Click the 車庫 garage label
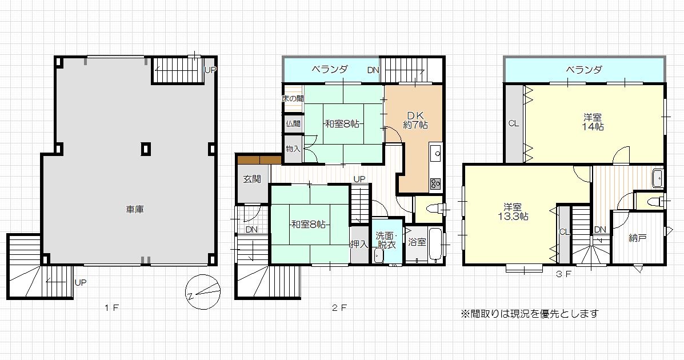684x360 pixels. pyautogui.click(x=135, y=210)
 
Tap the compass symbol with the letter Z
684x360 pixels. pyautogui.click(x=203, y=292)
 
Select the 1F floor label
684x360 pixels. pyautogui.click(x=111, y=308)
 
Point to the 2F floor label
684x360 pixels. pyautogui.click(x=339, y=308)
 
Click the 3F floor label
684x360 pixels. pyautogui.click(x=564, y=274)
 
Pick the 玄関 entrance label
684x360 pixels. pyautogui.click(x=252, y=179)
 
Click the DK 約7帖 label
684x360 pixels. pyautogui.click(x=415, y=121)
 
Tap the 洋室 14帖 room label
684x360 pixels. pyautogui.click(x=593, y=122)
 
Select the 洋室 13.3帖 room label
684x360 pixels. pyautogui.click(x=513, y=211)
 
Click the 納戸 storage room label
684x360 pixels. pyautogui.click(x=637, y=238)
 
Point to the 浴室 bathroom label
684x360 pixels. pyautogui.click(x=417, y=242)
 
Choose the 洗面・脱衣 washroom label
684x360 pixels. pyautogui.click(x=386, y=241)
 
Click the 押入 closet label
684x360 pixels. pyautogui.click(x=359, y=245)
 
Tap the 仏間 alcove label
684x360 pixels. pyautogui.click(x=293, y=123)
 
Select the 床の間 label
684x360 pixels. pyautogui.click(x=293, y=99)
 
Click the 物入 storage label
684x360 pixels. pyautogui.click(x=293, y=149)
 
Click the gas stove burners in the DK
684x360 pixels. pyautogui.click(x=436, y=183)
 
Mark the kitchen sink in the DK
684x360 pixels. pyautogui.click(x=436, y=153)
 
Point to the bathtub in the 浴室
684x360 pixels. pyautogui.click(x=435, y=245)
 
